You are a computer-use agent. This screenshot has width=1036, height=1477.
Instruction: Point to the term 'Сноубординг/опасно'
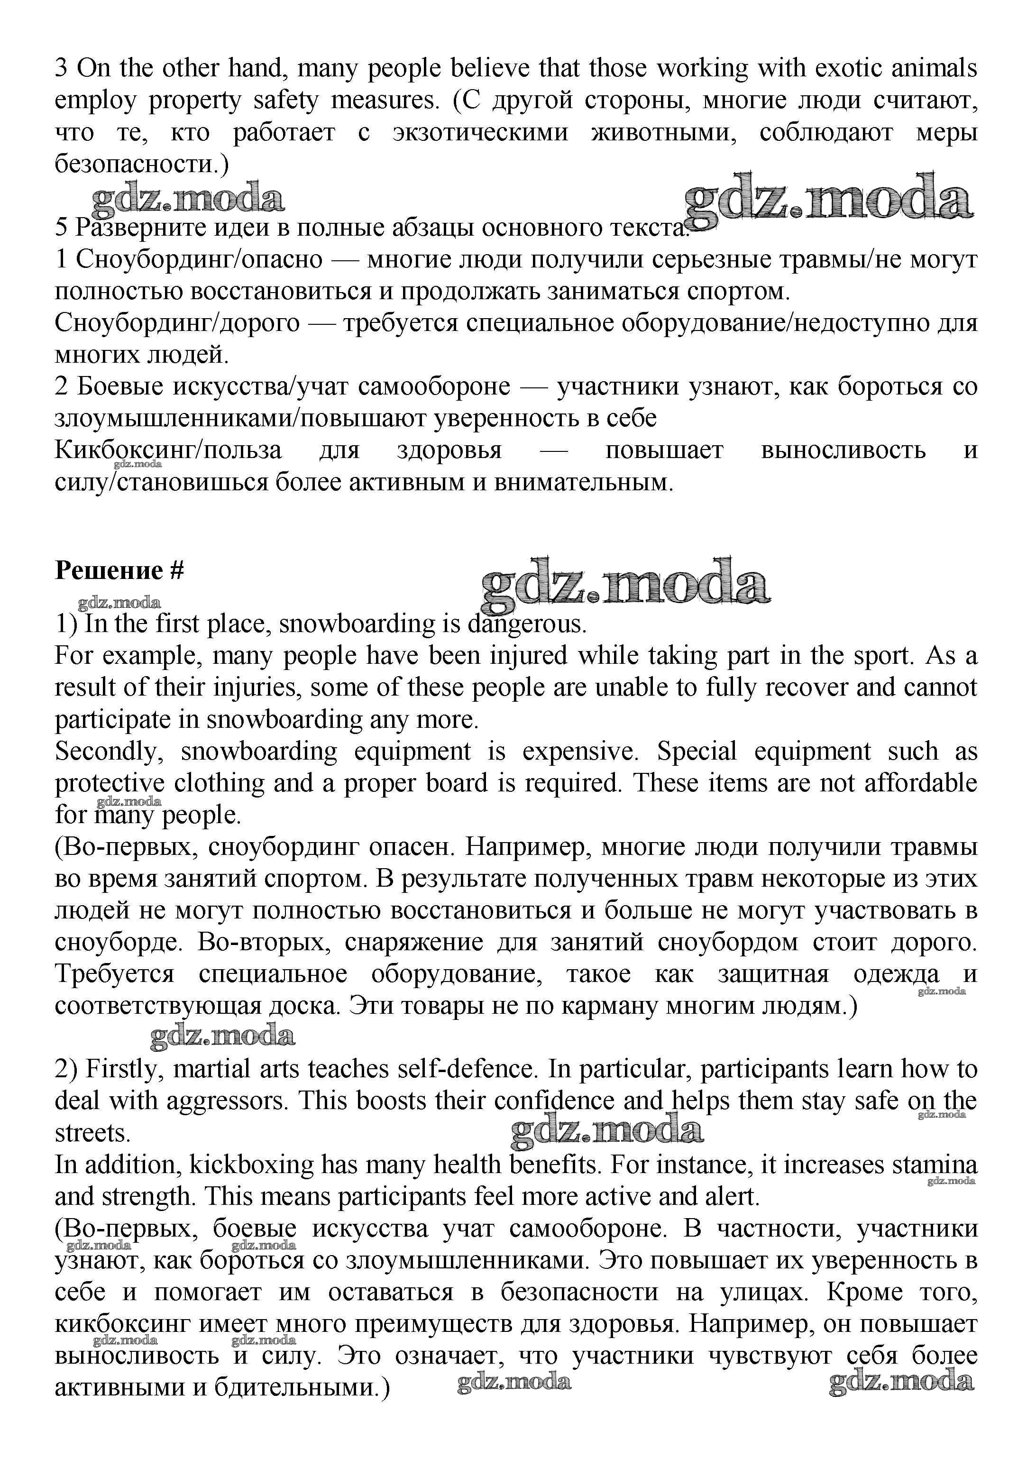click(x=199, y=259)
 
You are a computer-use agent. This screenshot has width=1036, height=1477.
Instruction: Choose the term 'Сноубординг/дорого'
click(x=177, y=323)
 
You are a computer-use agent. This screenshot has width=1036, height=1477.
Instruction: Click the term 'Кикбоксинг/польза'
click(x=168, y=450)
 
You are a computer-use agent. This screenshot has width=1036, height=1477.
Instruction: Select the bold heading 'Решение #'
click(x=119, y=570)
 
